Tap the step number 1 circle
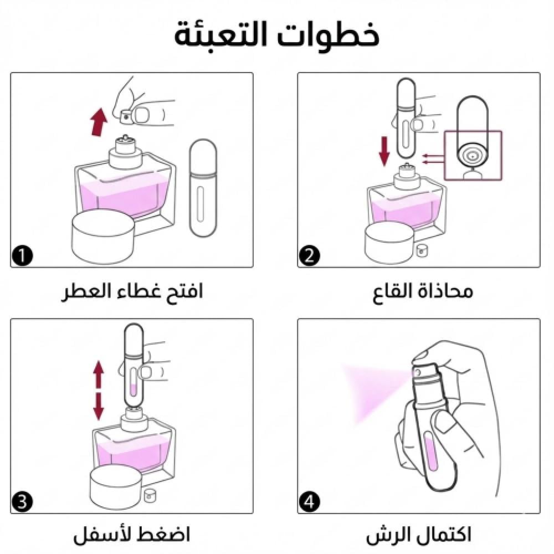click(22, 255)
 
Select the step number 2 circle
click(310, 255)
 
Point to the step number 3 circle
click(22, 501)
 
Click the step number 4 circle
click(310, 501)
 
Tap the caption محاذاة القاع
click(423, 292)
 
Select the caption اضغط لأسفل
click(131, 535)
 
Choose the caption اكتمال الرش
click(419, 535)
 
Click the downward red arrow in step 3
click(99, 406)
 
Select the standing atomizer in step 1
click(203, 189)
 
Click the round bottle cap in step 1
click(104, 237)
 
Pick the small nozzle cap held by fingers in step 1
click(127, 116)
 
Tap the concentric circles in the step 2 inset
click(473, 156)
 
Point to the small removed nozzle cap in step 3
click(150, 495)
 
